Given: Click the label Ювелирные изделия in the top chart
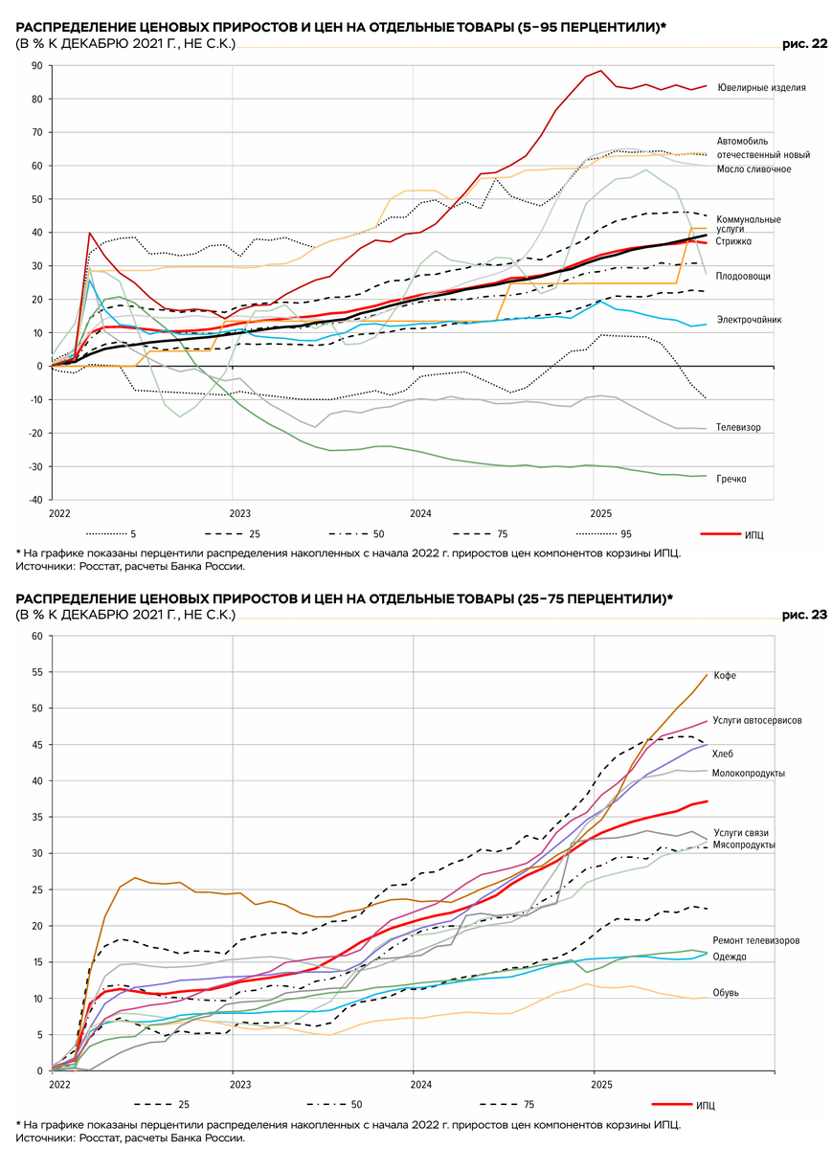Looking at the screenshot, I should pyautogui.click(x=761, y=87).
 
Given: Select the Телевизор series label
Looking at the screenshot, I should pyautogui.click(x=738, y=427).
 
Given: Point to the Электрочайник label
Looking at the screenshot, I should pyautogui.click(x=750, y=320).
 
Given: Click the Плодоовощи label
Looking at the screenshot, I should pyautogui.click(x=743, y=276).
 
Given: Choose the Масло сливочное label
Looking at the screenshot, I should pyautogui.click(x=753, y=169).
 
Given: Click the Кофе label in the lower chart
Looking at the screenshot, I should pyautogui.click(x=725, y=676).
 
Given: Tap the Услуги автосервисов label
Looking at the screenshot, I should pyautogui.click(x=757, y=720).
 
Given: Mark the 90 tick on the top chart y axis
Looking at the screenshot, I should pyautogui.click(x=36, y=66).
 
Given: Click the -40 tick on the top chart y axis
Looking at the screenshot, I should pyautogui.click(x=34, y=500).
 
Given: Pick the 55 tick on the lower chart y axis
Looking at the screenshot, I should pyautogui.click(x=36, y=672).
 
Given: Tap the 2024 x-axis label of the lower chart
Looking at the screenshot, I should pyautogui.click(x=414, y=1085).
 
